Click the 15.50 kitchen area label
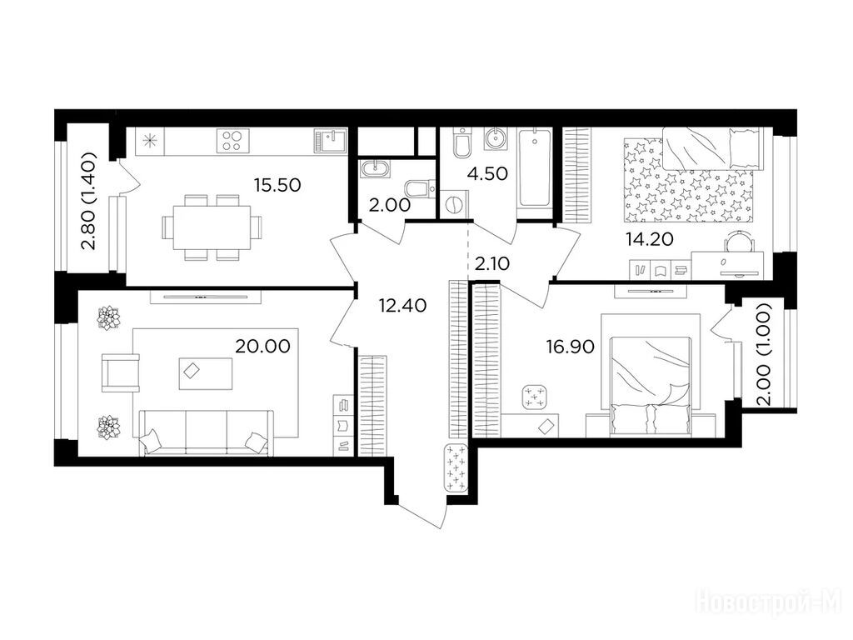click(x=277, y=185)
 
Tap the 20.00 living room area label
click(x=262, y=346)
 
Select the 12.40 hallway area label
click(x=402, y=305)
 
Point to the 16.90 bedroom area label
click(x=570, y=346)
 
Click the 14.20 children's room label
click(x=650, y=238)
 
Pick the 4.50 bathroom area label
click(x=487, y=173)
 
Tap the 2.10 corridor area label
click(x=491, y=263)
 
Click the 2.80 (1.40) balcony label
click(x=88, y=200)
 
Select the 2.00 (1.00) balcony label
click(x=765, y=354)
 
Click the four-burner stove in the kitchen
click(x=233, y=140)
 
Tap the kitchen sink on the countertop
click(x=330, y=141)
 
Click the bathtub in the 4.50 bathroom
click(x=534, y=167)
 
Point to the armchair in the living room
click(x=121, y=372)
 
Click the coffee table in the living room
click(x=206, y=373)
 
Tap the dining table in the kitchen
click(x=212, y=227)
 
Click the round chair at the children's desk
click(x=740, y=241)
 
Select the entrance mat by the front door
click(x=456, y=468)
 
